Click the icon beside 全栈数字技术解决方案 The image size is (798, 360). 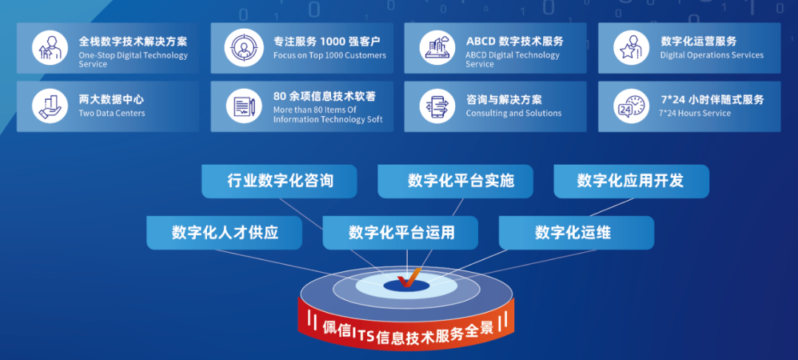point(50,48)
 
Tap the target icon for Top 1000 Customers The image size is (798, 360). point(244,48)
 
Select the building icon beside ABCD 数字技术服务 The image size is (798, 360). point(437,48)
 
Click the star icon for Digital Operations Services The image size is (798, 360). point(631,48)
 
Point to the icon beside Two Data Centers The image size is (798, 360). point(50,106)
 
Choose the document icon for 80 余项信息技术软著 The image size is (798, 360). point(244,106)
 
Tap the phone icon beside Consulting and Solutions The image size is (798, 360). point(437,106)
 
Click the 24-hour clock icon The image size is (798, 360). point(631,106)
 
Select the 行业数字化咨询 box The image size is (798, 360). point(279,181)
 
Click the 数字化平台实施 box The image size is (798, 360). point(455,181)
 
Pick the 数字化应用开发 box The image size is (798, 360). point(632,181)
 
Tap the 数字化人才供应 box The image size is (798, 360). point(225,233)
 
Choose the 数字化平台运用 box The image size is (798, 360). point(400,233)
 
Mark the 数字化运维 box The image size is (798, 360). point(576,233)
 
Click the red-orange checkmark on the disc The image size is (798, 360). point(409,277)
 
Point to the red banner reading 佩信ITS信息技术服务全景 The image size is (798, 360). point(406,328)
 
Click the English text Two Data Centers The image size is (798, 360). point(112,113)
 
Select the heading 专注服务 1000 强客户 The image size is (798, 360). point(327,41)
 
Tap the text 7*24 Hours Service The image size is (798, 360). point(695,113)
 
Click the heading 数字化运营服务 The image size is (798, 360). point(698,41)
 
